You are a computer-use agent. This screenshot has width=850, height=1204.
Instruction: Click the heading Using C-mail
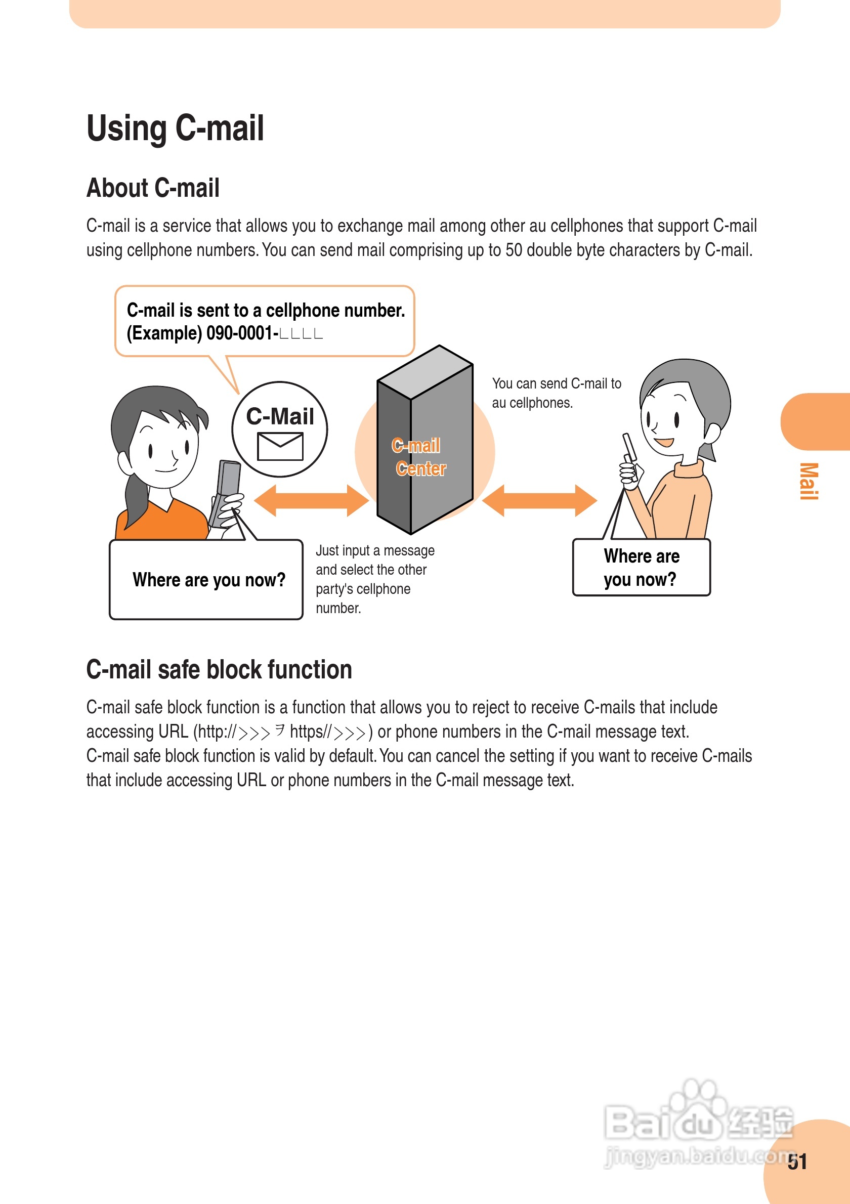[175, 128]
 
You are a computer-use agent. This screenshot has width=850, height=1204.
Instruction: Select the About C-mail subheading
[153, 188]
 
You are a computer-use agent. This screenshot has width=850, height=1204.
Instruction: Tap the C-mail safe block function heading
[219, 670]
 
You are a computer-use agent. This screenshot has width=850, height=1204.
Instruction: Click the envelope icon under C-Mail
[280, 446]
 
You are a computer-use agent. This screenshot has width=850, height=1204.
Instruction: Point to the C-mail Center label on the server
[419, 457]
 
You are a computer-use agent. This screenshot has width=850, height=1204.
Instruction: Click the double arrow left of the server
[311, 500]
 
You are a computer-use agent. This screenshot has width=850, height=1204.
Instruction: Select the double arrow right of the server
[539, 500]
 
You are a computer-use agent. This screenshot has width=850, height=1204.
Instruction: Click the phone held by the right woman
[630, 456]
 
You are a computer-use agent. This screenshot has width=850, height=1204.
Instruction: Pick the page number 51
[797, 1162]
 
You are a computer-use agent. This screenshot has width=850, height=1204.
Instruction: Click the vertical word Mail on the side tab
[809, 481]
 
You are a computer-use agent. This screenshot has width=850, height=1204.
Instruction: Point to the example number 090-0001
[242, 333]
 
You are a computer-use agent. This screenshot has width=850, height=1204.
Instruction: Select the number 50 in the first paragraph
[514, 250]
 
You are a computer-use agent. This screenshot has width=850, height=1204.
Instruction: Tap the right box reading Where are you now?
[642, 568]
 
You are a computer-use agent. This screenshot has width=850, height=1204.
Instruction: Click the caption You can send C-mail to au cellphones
[556, 393]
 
